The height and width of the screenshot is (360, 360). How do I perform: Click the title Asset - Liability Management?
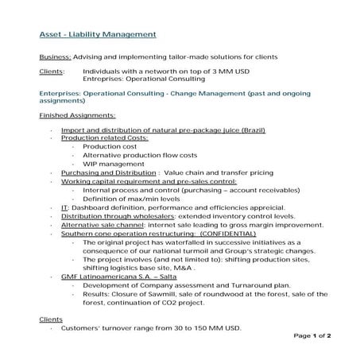98,35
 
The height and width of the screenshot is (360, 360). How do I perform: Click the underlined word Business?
56,58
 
